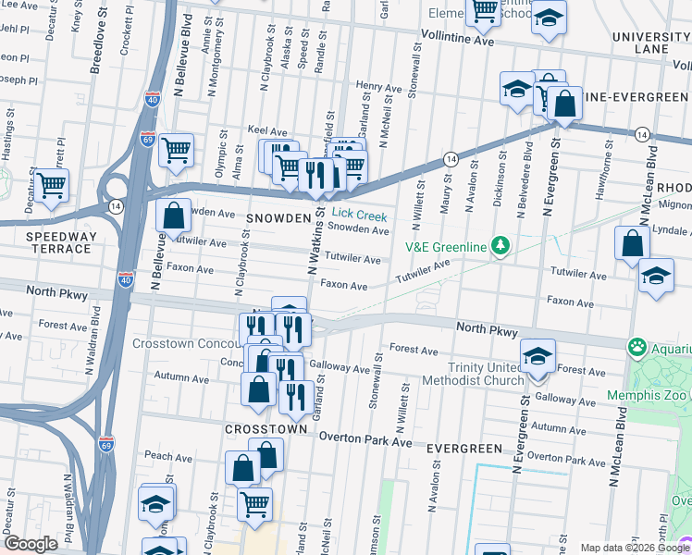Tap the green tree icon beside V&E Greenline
point(500,245)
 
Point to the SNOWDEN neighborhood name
point(276,217)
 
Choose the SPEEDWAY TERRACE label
point(61,243)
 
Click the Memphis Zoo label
point(648,395)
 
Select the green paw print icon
point(636,348)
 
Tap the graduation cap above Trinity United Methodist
point(538,356)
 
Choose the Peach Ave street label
point(167,456)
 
